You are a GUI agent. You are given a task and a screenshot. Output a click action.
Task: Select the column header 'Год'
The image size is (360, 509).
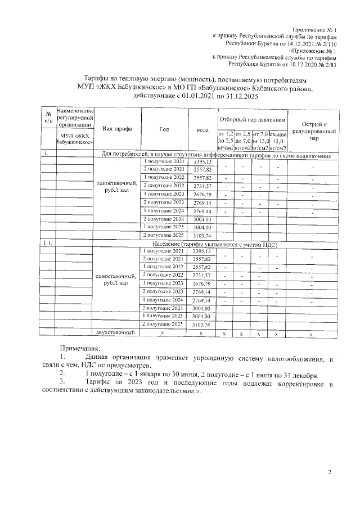[164, 129]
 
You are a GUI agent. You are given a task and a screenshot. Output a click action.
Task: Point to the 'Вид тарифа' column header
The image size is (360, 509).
[117, 129]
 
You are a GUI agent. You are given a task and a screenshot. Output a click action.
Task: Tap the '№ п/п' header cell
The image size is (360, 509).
[48, 118]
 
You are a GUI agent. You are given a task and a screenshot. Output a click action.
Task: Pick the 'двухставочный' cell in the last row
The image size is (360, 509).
[117, 333]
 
